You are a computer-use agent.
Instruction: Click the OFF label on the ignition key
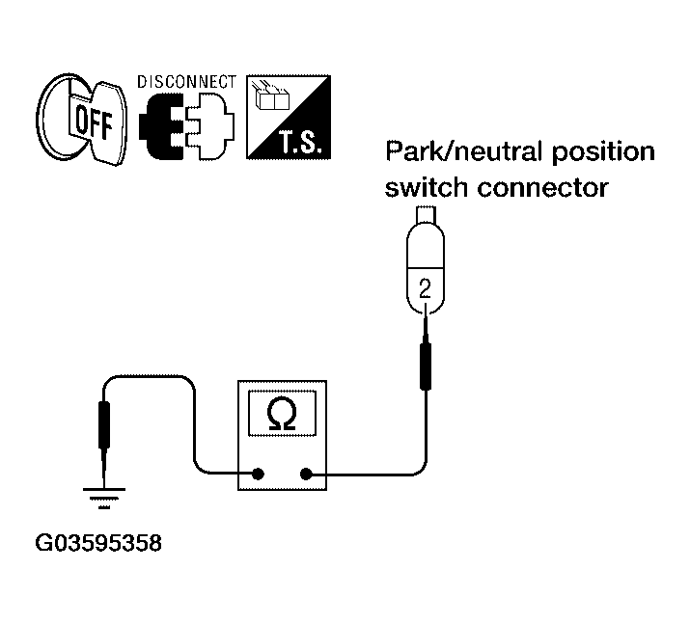click(x=94, y=122)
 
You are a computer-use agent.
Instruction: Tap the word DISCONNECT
click(x=186, y=82)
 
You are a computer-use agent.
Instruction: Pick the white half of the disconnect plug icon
click(x=210, y=125)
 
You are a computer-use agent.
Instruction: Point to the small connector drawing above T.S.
click(x=270, y=95)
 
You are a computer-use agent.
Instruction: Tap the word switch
click(x=426, y=188)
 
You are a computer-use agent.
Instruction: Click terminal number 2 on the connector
click(x=425, y=289)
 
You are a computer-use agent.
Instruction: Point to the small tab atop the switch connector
click(x=425, y=215)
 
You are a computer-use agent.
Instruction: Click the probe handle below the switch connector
click(x=425, y=366)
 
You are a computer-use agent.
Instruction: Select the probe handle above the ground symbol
click(x=104, y=425)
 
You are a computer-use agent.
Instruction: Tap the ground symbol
click(x=104, y=498)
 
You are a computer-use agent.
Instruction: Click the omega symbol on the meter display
click(x=282, y=414)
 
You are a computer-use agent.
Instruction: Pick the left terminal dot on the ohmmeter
click(x=258, y=475)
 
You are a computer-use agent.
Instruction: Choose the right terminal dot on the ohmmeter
click(x=306, y=475)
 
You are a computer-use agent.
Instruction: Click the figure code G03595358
click(x=98, y=543)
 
